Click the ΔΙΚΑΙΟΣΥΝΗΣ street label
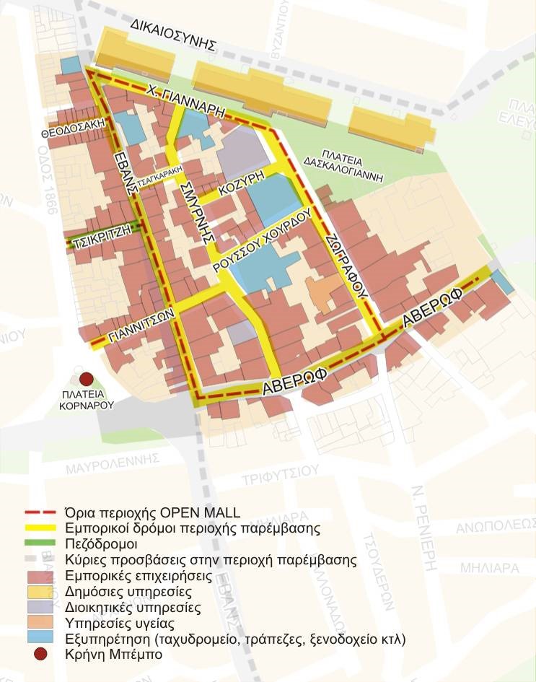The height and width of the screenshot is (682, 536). [174, 34]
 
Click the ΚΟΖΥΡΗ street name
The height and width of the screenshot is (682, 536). [241, 190]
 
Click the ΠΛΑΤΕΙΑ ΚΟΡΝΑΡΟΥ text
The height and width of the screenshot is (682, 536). [87, 400]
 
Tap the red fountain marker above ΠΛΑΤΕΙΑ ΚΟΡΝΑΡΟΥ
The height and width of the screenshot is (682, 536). [87, 378]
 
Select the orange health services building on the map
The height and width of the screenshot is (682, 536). [320, 290]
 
